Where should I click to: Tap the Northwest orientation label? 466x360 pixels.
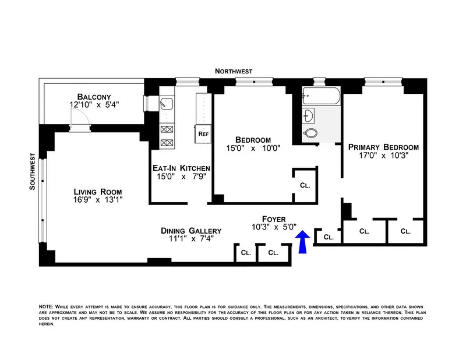234,71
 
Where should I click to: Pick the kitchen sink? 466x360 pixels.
165,105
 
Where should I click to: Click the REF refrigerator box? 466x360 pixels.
203,134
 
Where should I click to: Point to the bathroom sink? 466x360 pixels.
309,115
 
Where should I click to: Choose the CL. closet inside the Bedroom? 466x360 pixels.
305,185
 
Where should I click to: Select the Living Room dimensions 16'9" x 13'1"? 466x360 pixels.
97,200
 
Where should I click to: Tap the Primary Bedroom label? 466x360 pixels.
383,147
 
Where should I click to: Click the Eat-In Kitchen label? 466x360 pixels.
181,168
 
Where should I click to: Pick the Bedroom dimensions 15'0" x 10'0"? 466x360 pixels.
253,148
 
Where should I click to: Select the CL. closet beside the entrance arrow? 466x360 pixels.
329,237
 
